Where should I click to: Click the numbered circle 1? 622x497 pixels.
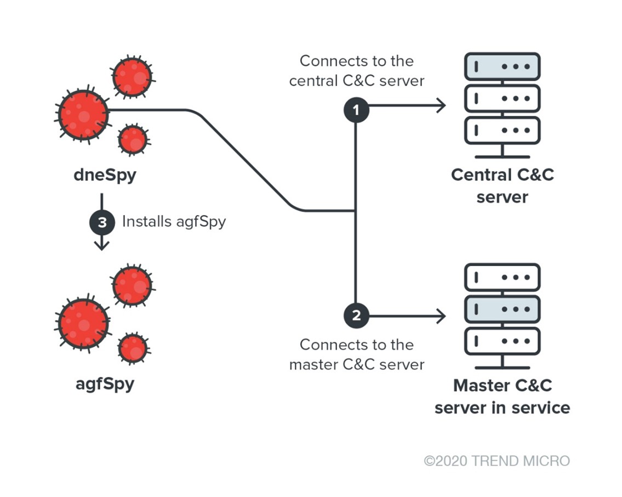356,110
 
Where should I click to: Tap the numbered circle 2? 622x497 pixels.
356,316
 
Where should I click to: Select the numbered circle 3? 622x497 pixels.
102,222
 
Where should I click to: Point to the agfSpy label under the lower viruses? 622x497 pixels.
105,383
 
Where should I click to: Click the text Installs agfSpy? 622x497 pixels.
174,222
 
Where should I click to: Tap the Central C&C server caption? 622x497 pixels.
502,185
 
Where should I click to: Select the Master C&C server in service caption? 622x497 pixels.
502,397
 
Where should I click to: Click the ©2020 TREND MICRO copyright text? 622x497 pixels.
497,461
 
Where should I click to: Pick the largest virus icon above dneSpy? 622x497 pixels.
84,115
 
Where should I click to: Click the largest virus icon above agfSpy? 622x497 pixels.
84,324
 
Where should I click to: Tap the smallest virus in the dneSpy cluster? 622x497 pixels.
133,139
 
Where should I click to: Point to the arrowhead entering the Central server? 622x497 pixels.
441,105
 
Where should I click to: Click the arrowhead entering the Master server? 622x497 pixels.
441,316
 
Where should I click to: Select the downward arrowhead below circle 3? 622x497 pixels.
101,245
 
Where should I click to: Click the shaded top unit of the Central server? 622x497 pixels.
502,66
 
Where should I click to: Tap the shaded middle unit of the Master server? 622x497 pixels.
502,309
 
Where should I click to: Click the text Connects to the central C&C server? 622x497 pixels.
357,71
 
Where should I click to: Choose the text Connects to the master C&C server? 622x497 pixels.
357,354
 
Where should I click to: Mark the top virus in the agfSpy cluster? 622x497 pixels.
132,285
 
